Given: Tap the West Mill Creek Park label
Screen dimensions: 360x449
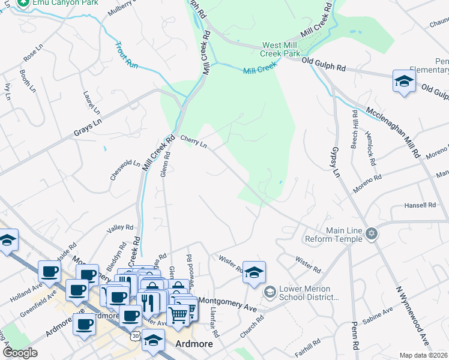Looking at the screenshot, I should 280,49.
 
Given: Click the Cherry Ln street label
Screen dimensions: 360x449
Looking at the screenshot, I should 193,142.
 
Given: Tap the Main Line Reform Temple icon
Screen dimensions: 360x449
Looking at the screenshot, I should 372,234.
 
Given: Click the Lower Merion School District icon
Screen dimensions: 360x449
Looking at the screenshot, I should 270,292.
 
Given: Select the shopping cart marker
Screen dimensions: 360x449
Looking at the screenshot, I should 178,314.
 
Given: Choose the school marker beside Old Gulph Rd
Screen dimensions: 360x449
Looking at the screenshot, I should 404,82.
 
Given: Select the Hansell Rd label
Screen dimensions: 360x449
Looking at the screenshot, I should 420,205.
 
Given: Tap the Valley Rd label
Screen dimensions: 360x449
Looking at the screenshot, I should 120,227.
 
